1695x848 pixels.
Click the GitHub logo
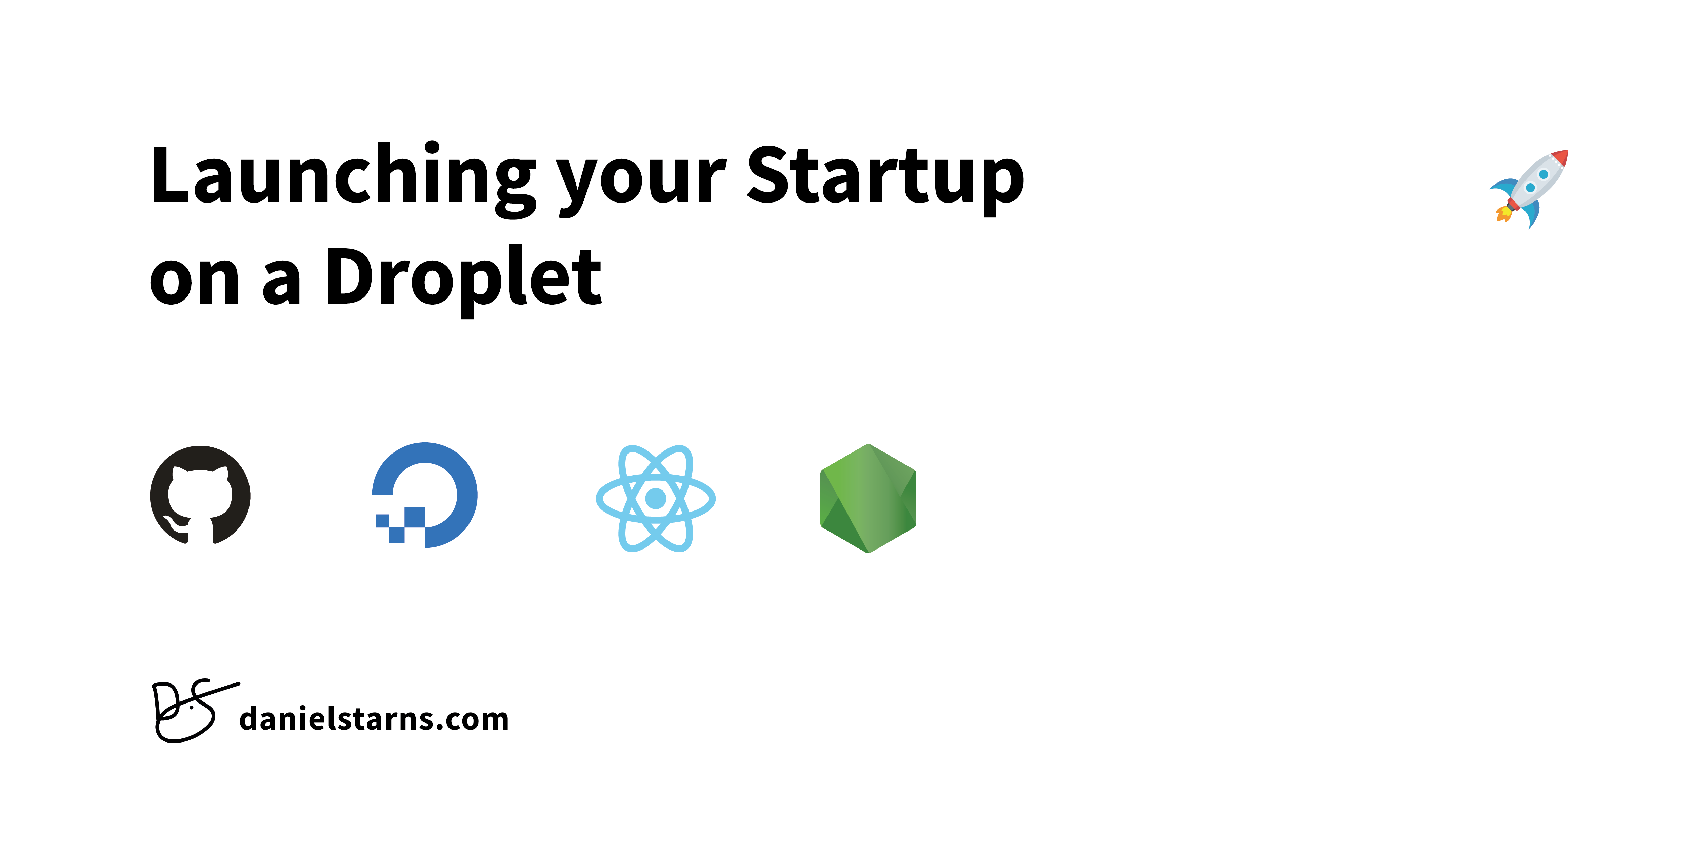pos(200,495)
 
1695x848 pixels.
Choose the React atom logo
pos(655,498)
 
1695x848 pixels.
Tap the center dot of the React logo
pos(655,498)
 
